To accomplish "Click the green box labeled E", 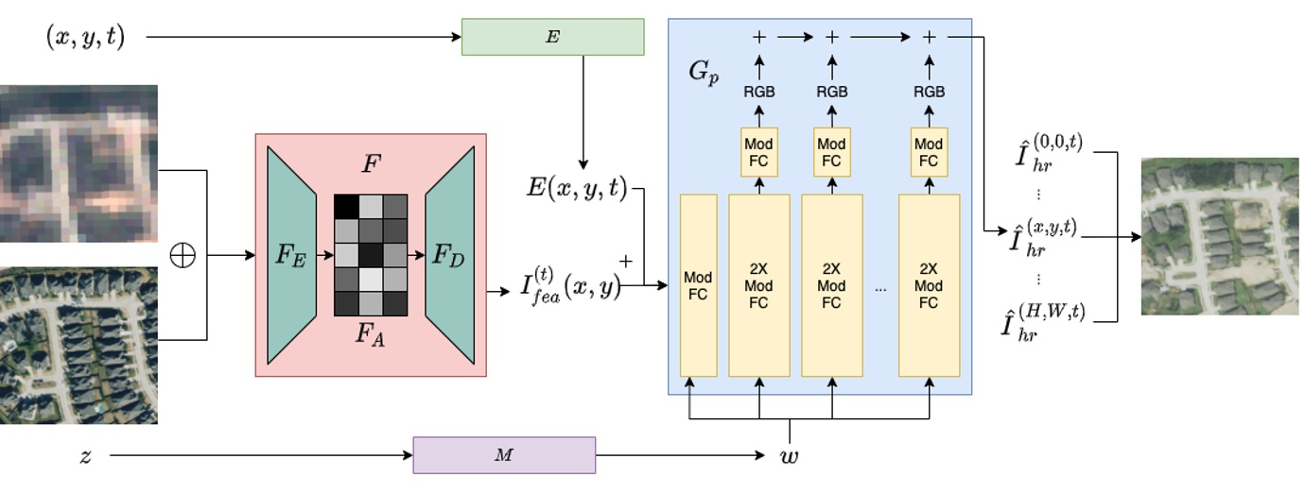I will coord(552,37).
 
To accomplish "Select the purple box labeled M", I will coord(504,455).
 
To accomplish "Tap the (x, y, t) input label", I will coord(85,37).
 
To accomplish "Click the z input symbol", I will coord(86,456).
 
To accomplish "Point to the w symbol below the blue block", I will coord(788,456).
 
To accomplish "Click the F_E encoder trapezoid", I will coord(291,255).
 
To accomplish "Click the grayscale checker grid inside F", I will coord(370,255).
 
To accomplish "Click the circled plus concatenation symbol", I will coord(182,255).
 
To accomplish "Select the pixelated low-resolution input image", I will coord(78,162).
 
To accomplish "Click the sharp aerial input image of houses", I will coord(78,345).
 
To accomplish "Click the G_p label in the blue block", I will coord(704,73).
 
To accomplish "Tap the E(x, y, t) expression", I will coord(576,189).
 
